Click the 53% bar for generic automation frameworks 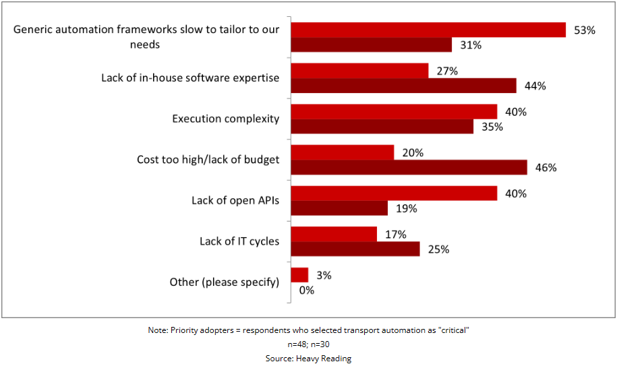[428, 30]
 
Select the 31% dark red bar [371, 44]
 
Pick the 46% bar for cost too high [409, 167]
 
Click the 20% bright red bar [342, 152]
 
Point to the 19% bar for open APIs [339, 208]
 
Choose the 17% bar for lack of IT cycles [334, 234]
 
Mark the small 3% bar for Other [299, 275]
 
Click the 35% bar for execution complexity [382, 126]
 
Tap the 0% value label [307, 291]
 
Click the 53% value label [585, 30]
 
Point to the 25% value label [438, 249]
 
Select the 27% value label [447, 71]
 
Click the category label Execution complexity [225, 119]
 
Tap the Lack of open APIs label [235, 200]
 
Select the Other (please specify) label [224, 282]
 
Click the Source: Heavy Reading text [308, 359]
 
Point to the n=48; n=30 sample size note [308, 344]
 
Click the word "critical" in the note [453, 330]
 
